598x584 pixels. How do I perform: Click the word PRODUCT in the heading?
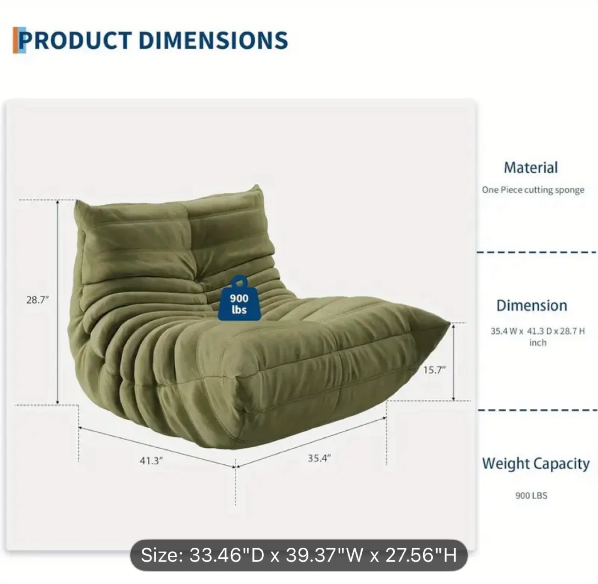(75, 40)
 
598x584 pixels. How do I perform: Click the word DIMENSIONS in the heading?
(213, 40)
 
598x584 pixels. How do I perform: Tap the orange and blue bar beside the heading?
(19, 40)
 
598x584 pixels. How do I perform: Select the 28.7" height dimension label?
(37, 300)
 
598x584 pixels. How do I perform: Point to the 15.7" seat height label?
(434, 370)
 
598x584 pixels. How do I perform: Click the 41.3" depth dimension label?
(151, 461)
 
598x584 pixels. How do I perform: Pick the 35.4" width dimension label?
(319, 458)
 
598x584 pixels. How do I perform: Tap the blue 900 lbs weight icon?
(239, 298)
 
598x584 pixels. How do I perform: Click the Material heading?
(531, 167)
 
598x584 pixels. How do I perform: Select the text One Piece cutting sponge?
(533, 190)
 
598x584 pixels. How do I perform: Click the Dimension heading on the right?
(532, 306)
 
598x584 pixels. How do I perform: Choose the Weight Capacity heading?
(536, 464)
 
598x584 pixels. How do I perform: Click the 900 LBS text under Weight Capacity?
(531, 496)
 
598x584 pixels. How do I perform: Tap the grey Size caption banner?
(299, 555)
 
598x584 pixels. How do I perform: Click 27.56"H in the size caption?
(421, 555)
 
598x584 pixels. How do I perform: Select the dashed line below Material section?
(537, 253)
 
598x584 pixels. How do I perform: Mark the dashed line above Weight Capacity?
(537, 410)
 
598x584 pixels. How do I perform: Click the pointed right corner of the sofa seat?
(450, 323)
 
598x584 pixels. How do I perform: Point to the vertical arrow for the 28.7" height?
(57, 302)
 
